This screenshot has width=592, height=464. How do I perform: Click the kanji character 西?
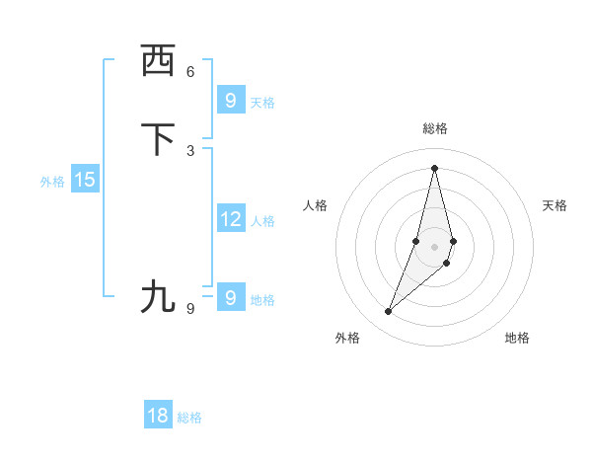(x=158, y=61)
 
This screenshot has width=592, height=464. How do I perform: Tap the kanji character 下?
(x=158, y=139)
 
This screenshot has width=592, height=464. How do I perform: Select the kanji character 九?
(x=158, y=295)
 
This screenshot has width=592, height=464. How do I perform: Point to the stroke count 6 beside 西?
(x=190, y=71)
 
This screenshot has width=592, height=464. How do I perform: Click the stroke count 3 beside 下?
(x=190, y=150)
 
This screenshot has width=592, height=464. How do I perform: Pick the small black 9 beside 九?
(x=190, y=308)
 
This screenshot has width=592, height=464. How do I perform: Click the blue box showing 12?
(x=230, y=219)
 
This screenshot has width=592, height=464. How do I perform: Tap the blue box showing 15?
(x=85, y=180)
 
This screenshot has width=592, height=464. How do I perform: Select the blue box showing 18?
(x=158, y=416)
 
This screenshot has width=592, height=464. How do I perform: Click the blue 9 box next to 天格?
(x=230, y=100)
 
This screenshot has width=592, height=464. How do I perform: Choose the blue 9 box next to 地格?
(x=230, y=297)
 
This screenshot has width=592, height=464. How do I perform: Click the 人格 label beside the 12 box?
(x=262, y=221)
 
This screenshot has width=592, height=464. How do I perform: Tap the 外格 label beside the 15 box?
(x=52, y=182)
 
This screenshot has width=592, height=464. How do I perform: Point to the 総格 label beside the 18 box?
(x=189, y=418)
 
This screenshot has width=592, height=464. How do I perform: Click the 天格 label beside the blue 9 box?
(x=262, y=102)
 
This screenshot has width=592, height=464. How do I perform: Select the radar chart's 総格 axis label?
(x=434, y=128)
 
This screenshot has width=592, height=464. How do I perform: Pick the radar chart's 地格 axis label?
(x=517, y=338)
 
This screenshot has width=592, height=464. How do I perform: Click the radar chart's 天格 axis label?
(x=555, y=205)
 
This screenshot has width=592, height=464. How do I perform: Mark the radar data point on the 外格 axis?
(x=388, y=312)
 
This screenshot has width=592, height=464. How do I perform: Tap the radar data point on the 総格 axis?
(x=434, y=167)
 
